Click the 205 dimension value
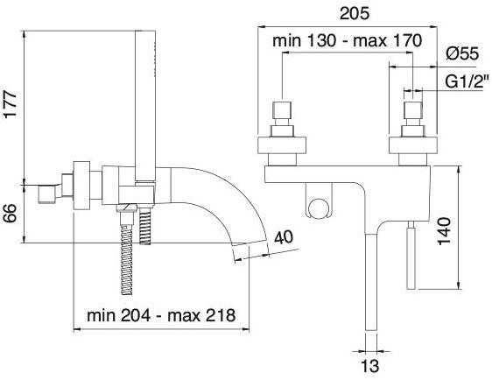pos(355,13)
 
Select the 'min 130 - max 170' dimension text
pos(347,41)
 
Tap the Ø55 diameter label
pos(462,53)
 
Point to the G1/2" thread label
pos(467,81)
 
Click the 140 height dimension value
pos(445,231)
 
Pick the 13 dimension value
pos(370,366)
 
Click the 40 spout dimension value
pos(284,237)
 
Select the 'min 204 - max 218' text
pos(161,315)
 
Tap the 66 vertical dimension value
pos(10,213)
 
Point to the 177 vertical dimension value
pos(10,104)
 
